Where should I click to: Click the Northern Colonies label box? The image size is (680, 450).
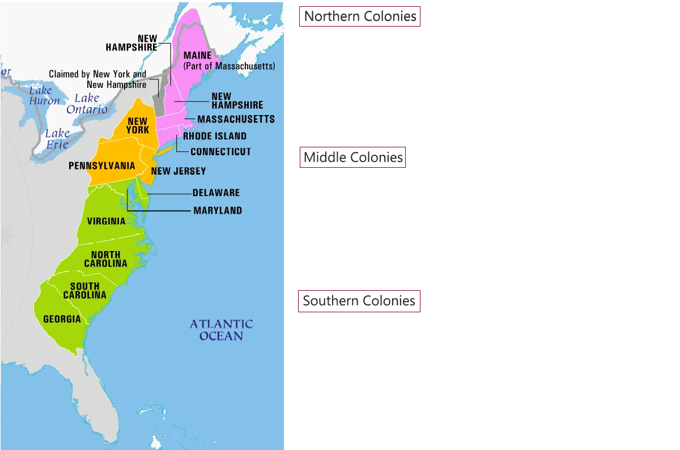[360, 16]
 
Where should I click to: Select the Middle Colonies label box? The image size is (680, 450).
[352, 157]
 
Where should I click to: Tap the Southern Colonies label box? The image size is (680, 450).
[359, 300]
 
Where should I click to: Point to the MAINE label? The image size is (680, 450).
[197, 56]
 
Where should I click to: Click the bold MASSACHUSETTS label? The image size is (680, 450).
[236, 119]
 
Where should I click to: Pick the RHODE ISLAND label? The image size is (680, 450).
[215, 136]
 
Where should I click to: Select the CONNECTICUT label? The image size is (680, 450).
[220, 152]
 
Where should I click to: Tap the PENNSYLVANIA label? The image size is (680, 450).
[102, 166]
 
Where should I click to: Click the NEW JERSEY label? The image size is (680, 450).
[178, 171]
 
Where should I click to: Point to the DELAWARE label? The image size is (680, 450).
[216, 193]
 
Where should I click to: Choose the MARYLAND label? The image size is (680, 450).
[218, 210]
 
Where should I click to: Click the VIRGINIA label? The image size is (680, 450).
[107, 221]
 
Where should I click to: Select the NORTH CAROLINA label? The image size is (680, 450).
[106, 260]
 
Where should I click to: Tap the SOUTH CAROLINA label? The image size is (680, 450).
[85, 291]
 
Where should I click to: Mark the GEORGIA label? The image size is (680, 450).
[62, 319]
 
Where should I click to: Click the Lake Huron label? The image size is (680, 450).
[44, 96]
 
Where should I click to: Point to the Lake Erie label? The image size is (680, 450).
[57, 139]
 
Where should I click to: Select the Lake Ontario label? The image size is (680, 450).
[87, 104]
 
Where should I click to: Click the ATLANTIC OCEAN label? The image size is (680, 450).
[221, 330]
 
